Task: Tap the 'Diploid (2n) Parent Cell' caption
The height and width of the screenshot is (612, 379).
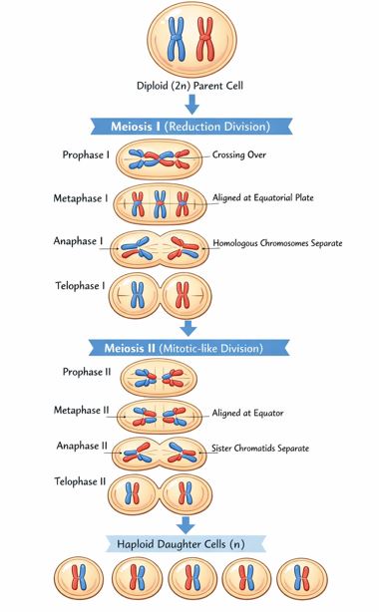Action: [189, 85]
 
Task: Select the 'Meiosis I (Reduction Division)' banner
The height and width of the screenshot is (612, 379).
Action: [189, 127]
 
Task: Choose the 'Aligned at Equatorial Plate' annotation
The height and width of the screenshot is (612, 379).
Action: [262, 198]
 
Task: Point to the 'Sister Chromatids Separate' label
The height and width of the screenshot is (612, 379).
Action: [260, 449]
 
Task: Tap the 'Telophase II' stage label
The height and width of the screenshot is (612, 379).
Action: [82, 481]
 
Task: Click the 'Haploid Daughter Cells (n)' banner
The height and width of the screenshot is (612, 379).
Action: [189, 543]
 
